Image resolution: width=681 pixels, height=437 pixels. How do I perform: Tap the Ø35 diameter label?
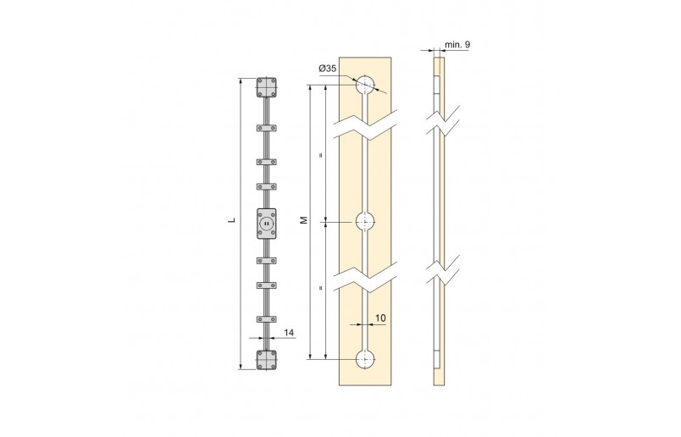pyautogui.click(x=329, y=68)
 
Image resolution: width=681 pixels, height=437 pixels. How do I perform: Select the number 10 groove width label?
pyautogui.click(x=380, y=318)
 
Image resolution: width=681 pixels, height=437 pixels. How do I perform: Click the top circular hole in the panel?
pyautogui.click(x=364, y=86)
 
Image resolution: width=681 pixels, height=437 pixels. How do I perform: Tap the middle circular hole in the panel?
pyautogui.click(x=364, y=222)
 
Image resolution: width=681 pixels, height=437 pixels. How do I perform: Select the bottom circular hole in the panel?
pyautogui.click(x=364, y=358)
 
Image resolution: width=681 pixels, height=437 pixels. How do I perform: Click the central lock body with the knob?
pyautogui.click(x=266, y=223)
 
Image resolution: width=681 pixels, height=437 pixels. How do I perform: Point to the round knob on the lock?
pyautogui.click(x=266, y=224)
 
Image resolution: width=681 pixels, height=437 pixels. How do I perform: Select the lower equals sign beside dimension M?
pyautogui.click(x=320, y=290)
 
